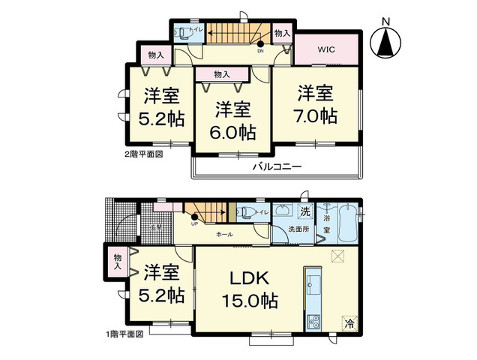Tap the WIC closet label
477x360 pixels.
(325, 50)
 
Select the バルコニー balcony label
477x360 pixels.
(275, 166)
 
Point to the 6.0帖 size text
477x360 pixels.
(234, 132)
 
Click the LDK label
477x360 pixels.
(249, 277)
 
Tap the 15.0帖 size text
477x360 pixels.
(249, 301)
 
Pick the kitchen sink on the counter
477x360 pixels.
(313, 286)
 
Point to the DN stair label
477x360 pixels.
(260, 52)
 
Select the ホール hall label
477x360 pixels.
(223, 235)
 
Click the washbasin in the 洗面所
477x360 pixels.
(283, 212)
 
